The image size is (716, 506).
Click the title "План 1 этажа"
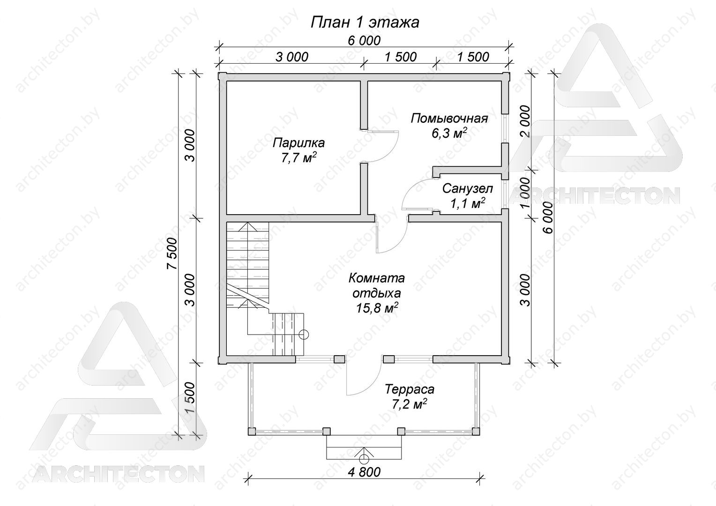[x=365, y=22]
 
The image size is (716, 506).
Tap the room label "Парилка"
[x=298, y=143]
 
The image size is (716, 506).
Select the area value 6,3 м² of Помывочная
[x=449, y=133]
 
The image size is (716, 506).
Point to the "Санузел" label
[x=468, y=189]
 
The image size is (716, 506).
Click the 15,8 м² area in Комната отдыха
[x=377, y=308]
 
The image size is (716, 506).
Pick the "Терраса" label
[x=410, y=389]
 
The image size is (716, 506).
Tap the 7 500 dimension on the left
[x=173, y=254]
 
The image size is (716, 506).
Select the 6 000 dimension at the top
[x=365, y=41]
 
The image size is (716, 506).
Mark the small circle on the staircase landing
[x=304, y=335]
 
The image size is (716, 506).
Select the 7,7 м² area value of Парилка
[x=299, y=157]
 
